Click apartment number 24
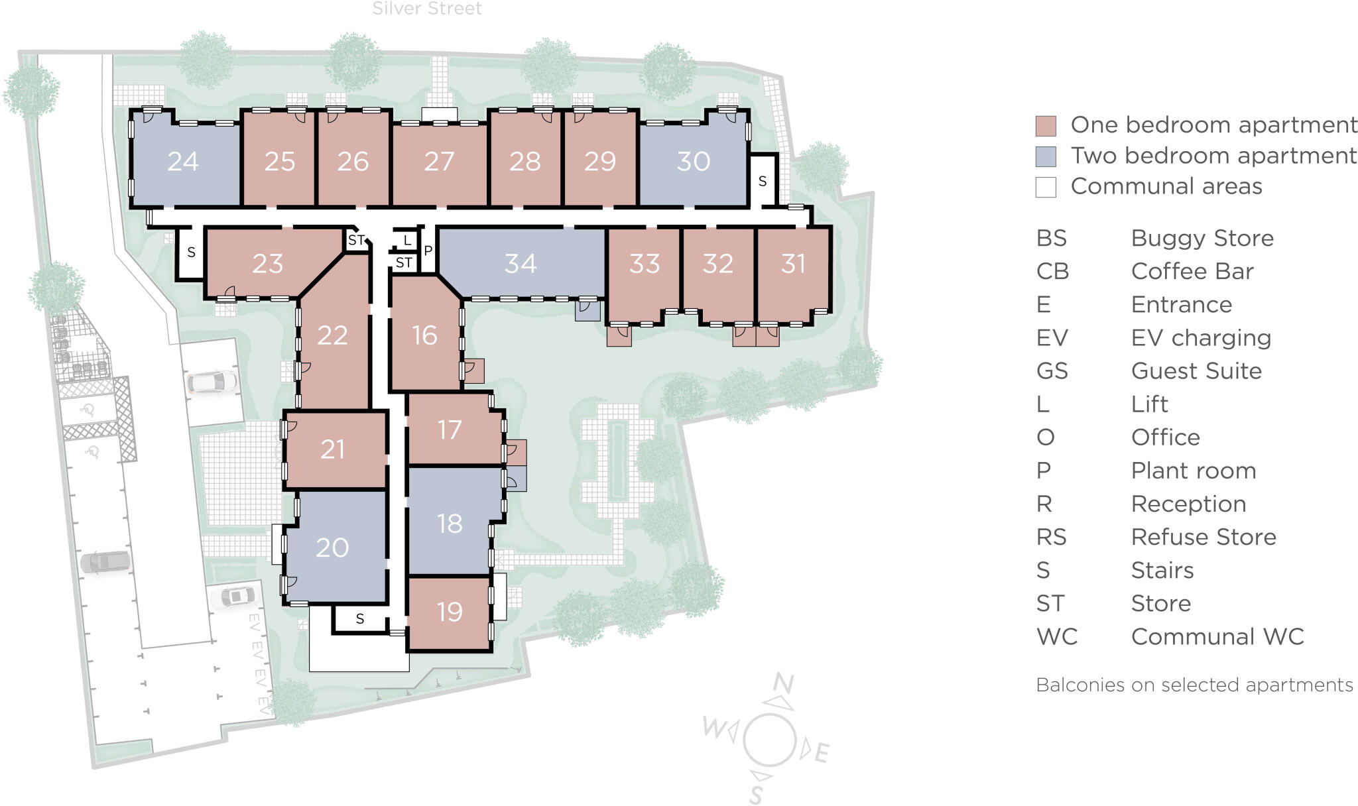tap(183, 161)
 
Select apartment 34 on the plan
tap(521, 264)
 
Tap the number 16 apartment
tap(424, 335)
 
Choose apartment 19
tap(450, 612)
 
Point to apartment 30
tap(694, 161)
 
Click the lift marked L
tap(407, 241)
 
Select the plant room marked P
tap(428, 251)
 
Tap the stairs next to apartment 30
tap(763, 181)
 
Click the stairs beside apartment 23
tap(192, 253)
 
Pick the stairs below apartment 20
tap(359, 619)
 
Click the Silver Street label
tap(427, 9)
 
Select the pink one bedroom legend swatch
tap(1046, 126)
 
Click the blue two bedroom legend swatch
tap(1046, 156)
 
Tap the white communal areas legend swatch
tap(1046, 187)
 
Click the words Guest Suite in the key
tap(1196, 371)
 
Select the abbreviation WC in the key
tap(1057, 637)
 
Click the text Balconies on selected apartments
tap(1194, 685)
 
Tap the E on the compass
tap(822, 753)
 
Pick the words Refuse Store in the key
tap(1204, 537)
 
